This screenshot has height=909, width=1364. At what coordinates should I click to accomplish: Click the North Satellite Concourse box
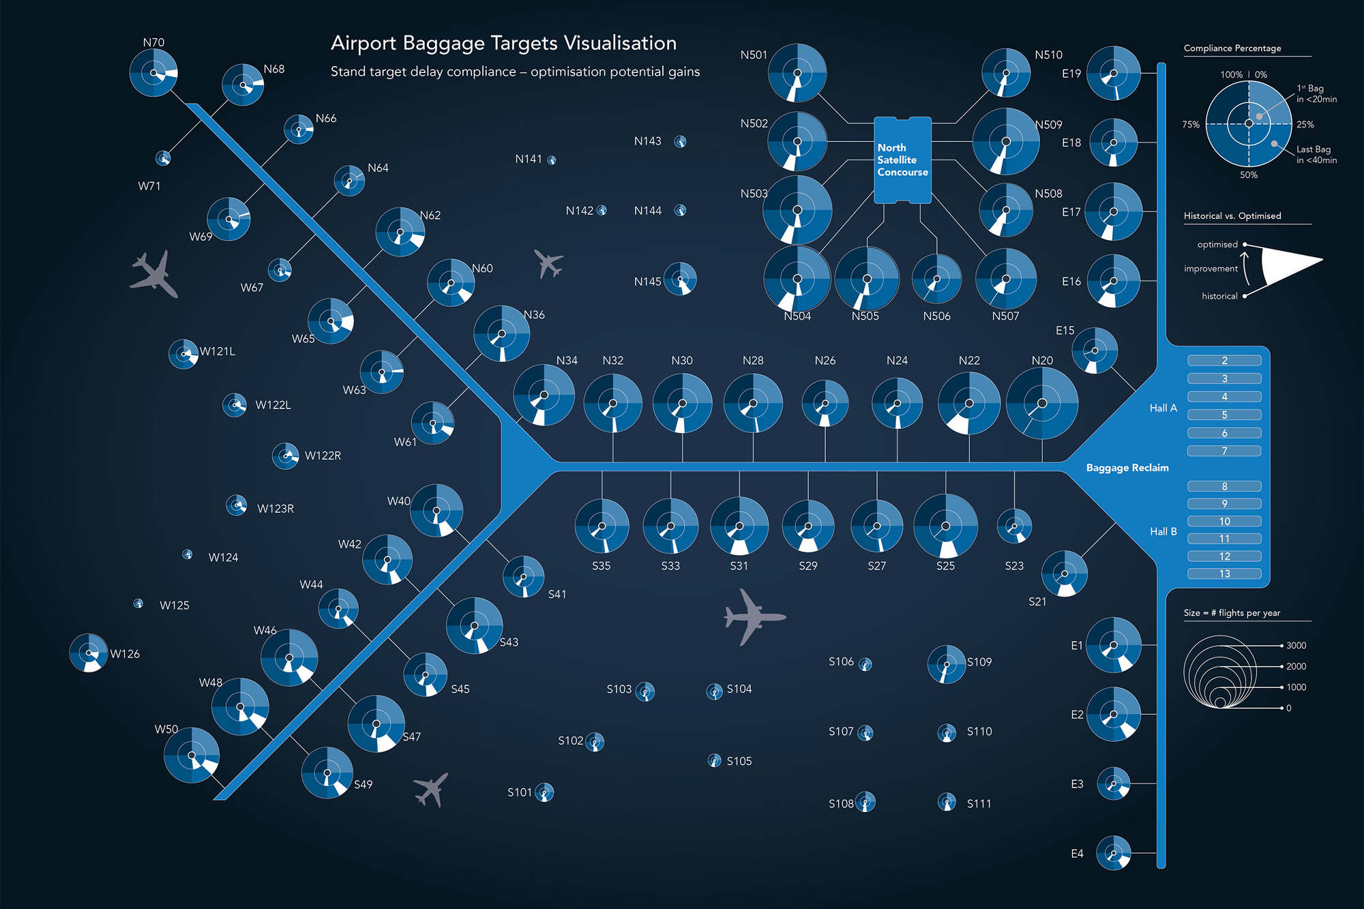pyautogui.click(x=902, y=160)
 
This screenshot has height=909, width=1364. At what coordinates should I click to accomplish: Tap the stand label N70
pyautogui.click(x=153, y=42)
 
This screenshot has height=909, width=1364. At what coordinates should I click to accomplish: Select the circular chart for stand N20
pyautogui.click(x=1041, y=404)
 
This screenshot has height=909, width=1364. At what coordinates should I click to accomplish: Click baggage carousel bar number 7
pyautogui.click(x=1224, y=451)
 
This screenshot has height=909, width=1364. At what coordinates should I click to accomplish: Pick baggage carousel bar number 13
pyautogui.click(x=1224, y=573)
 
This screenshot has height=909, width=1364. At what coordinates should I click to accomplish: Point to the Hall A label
pyautogui.click(x=1163, y=408)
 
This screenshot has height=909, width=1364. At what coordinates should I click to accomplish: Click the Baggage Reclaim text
pyautogui.click(x=1127, y=468)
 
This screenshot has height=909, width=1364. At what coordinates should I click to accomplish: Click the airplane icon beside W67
pyautogui.click(x=155, y=274)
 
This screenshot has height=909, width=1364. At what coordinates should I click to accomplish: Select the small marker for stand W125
pyautogui.click(x=138, y=603)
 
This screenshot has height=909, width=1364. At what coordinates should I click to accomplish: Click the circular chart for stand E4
pyautogui.click(x=1113, y=852)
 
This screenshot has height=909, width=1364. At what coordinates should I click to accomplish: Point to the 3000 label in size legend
pyautogui.click(x=1296, y=645)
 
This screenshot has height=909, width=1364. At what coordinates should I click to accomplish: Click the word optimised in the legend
pyautogui.click(x=1217, y=244)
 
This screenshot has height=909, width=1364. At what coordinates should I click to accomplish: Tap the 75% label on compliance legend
pyautogui.click(x=1190, y=124)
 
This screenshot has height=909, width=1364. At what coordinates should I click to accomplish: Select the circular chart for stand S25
pyautogui.click(x=945, y=526)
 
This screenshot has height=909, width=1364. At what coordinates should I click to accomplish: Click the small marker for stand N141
pyautogui.click(x=552, y=160)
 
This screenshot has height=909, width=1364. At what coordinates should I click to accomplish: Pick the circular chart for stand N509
pyautogui.click(x=1005, y=142)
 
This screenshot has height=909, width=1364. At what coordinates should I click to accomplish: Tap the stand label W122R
pyautogui.click(x=323, y=456)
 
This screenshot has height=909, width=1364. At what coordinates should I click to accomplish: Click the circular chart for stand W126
pyautogui.click(x=89, y=653)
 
